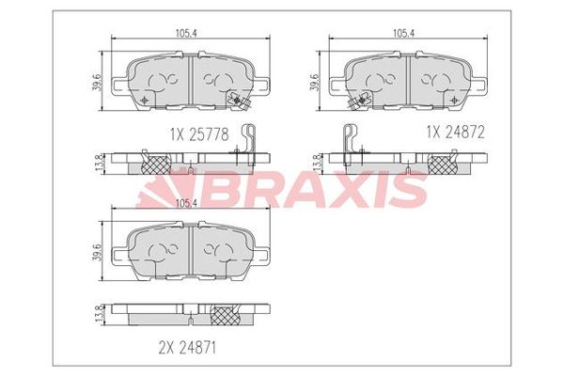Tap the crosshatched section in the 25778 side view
153,164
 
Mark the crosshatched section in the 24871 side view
225,314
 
